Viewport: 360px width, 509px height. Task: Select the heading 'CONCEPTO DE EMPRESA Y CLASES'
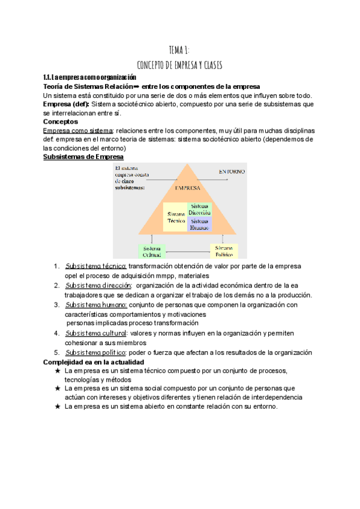180,64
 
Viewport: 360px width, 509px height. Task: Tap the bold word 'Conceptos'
61,121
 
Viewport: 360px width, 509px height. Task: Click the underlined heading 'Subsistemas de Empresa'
83,157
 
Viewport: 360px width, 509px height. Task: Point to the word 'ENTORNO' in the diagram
232,171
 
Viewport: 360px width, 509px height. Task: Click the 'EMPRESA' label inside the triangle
187,188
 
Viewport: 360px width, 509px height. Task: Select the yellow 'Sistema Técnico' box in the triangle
176,217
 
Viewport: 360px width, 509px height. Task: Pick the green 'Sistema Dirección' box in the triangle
200,209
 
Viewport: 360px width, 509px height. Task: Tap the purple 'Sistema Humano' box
200,225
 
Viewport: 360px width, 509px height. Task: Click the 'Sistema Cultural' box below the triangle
152,251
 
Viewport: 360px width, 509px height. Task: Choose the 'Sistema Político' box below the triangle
223,251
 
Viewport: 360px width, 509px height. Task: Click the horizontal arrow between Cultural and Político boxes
187,251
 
